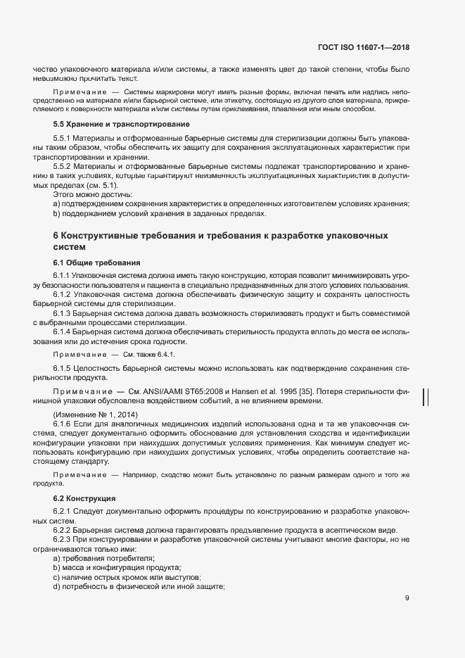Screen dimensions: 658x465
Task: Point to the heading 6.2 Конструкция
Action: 84,498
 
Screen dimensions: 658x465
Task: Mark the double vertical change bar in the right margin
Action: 425,397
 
